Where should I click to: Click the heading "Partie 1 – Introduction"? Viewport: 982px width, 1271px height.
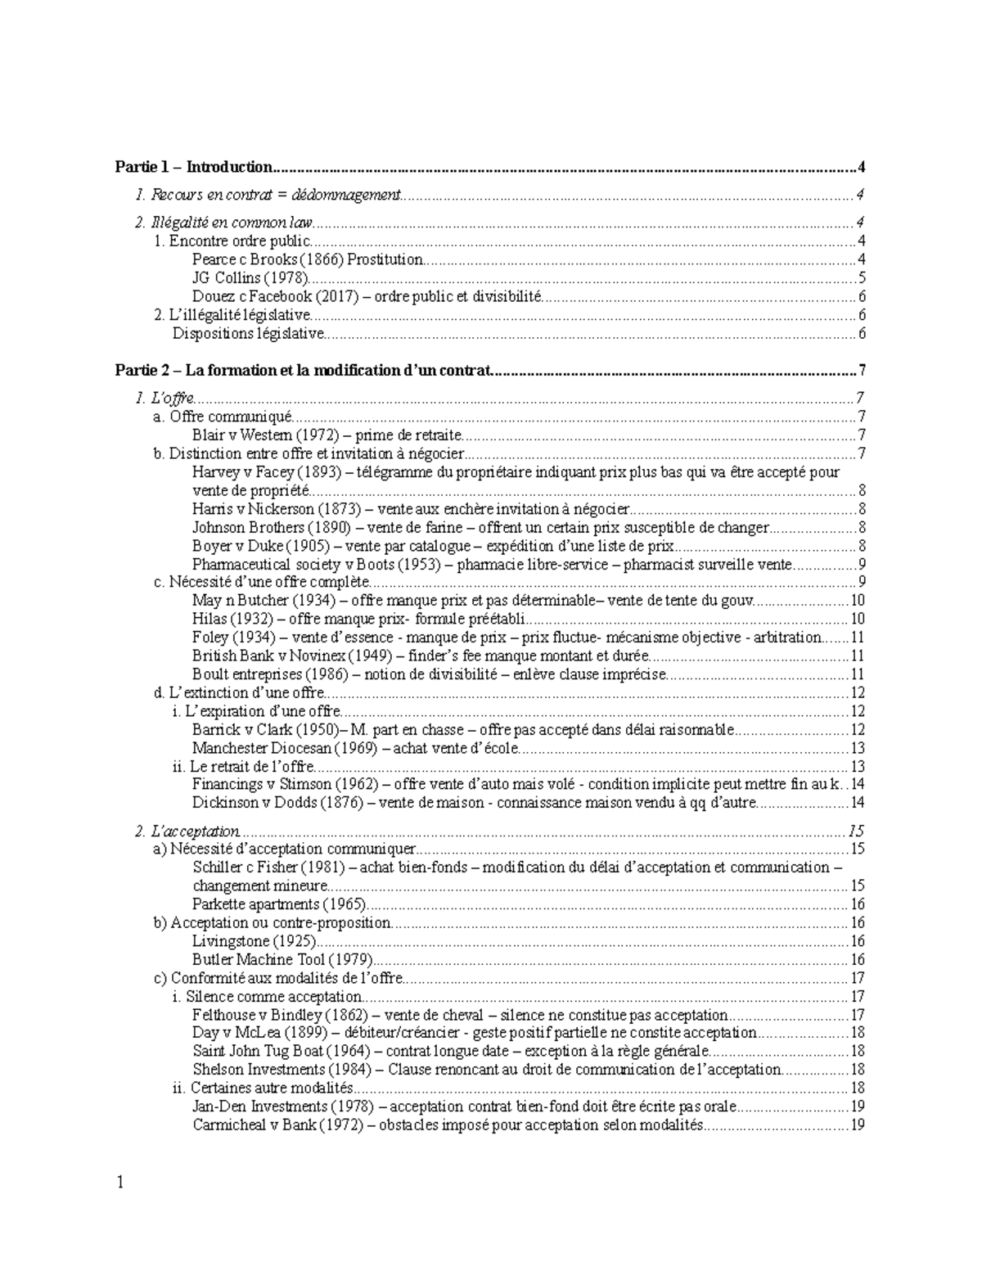click(193, 167)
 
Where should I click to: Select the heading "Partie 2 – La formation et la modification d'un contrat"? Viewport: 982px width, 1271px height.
click(303, 370)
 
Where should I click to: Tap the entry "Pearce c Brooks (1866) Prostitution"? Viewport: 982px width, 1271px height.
click(308, 259)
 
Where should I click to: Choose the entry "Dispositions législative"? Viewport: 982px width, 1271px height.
click(249, 333)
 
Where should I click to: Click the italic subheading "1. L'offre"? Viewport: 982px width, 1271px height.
click(164, 399)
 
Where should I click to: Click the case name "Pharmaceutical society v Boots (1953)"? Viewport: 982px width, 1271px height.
click(322, 564)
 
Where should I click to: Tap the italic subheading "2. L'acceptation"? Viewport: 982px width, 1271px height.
click(187, 831)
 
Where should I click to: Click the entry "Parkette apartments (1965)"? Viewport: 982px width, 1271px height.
click(279, 904)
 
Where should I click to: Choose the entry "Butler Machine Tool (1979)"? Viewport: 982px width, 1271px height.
click(282, 959)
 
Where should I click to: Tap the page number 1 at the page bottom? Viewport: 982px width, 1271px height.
click(119, 1183)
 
